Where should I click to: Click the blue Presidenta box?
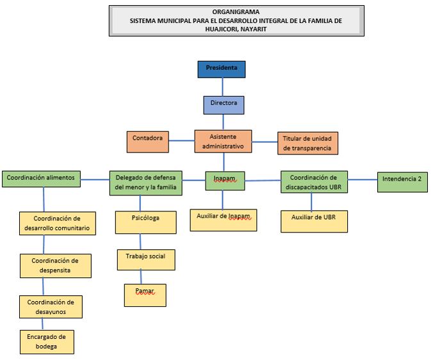point(222,69)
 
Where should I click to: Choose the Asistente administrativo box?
point(223,141)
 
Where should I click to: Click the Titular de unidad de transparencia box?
point(307,143)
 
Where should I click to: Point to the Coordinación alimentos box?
point(41,178)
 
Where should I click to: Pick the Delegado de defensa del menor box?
point(146,183)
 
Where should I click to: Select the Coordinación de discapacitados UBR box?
point(314,182)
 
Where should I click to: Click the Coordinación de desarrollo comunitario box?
point(56,223)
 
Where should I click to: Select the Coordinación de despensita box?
point(56,265)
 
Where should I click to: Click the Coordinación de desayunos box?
point(51,306)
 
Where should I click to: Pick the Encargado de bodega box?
point(47,341)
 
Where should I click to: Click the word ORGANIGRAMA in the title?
point(236,12)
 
